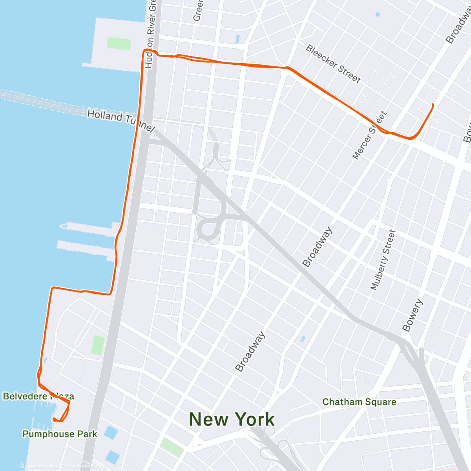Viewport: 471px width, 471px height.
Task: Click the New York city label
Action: pos(232,419)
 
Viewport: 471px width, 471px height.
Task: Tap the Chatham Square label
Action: pos(359,402)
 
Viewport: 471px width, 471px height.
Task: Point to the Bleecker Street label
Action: pos(333,64)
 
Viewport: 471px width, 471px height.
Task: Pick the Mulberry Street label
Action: pos(383,260)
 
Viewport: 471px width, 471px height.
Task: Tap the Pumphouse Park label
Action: pos(60,434)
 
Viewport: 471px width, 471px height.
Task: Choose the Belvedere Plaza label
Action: pos(38,396)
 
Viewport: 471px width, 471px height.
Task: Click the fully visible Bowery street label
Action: pos(413,315)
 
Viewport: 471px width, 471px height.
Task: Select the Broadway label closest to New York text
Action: pos(250,352)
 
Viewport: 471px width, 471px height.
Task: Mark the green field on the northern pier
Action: pos(119,43)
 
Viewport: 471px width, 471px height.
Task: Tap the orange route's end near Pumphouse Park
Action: pos(54,420)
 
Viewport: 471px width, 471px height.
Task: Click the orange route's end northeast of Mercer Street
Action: pos(433,104)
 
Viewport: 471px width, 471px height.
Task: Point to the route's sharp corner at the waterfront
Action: pos(53,288)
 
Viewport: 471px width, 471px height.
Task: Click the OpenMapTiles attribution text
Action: pos(38,466)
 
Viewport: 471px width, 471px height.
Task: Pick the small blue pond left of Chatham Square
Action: pos(302,338)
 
